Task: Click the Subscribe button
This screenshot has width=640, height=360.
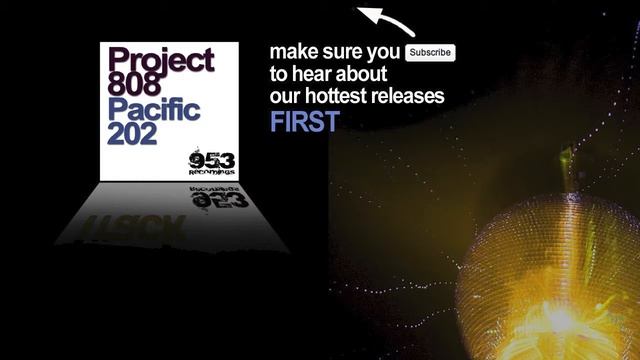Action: pyautogui.click(x=430, y=52)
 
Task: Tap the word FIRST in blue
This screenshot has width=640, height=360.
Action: pyautogui.click(x=304, y=122)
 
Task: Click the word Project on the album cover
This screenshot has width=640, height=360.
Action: pyautogui.click(x=160, y=59)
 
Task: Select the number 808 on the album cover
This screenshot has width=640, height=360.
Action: pyautogui.click(x=133, y=84)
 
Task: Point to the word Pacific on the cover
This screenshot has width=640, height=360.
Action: pyautogui.click(x=154, y=109)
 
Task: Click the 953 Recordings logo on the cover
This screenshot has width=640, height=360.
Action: pyautogui.click(x=212, y=162)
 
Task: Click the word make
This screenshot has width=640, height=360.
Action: pyautogui.click(x=291, y=52)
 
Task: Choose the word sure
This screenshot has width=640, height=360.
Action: pyautogui.click(x=345, y=52)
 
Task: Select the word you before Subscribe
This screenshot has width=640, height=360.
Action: pyautogui.click(x=386, y=52)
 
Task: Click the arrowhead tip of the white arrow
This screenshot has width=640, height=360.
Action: pyautogui.click(x=362, y=12)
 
